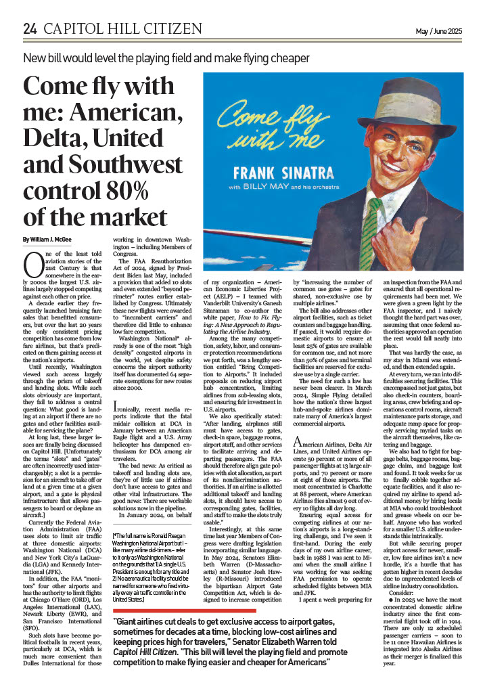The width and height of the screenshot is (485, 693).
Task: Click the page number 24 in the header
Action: (x=30, y=28)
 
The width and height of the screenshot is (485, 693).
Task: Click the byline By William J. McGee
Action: (x=49, y=240)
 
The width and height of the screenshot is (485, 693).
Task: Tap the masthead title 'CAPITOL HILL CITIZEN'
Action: (x=122, y=29)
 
